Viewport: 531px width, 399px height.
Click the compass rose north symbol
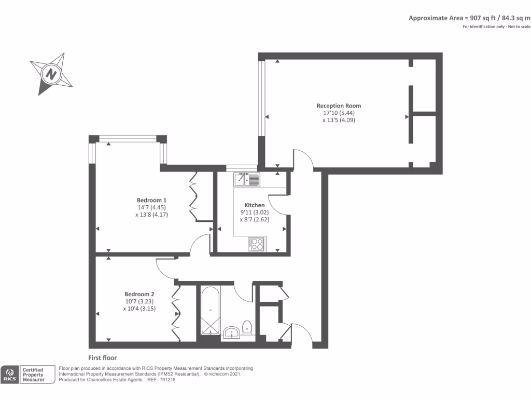click(51, 74)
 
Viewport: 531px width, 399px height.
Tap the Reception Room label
click(339, 106)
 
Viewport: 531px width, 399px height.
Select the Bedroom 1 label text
click(151, 201)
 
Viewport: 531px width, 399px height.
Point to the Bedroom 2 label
click(139, 293)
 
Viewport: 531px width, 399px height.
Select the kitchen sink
click(247, 180)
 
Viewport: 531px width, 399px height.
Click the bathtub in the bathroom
click(210, 310)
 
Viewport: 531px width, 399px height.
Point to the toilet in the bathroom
click(247, 327)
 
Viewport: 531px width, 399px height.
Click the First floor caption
click(103, 358)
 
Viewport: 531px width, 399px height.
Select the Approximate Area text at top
click(469, 18)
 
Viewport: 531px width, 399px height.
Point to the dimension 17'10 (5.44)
click(339, 113)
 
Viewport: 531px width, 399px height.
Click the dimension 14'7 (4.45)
click(151, 207)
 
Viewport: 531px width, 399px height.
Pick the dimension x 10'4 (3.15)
click(139, 309)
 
